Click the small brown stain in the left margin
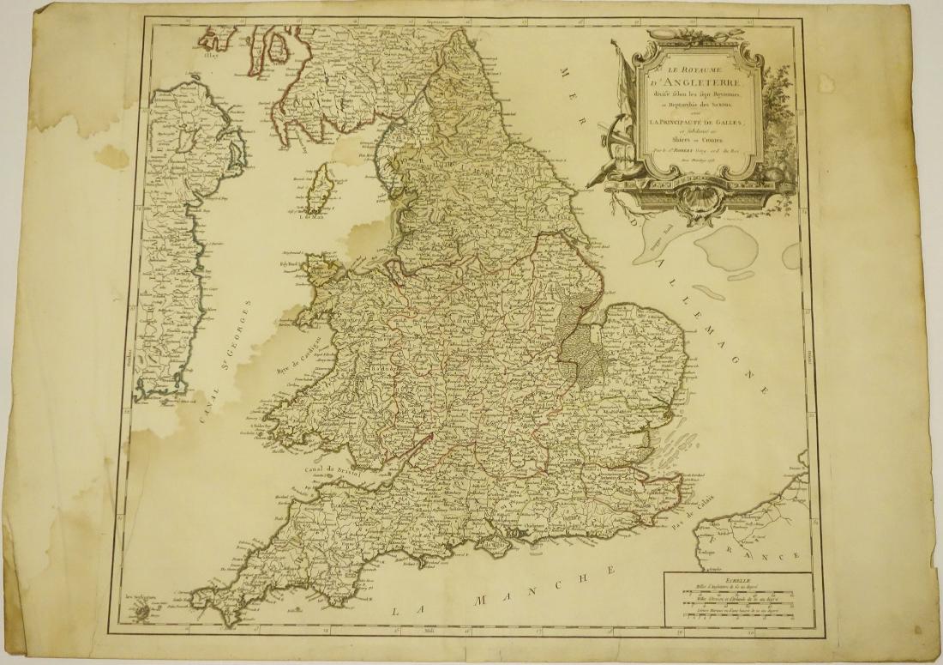tap(111, 156)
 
